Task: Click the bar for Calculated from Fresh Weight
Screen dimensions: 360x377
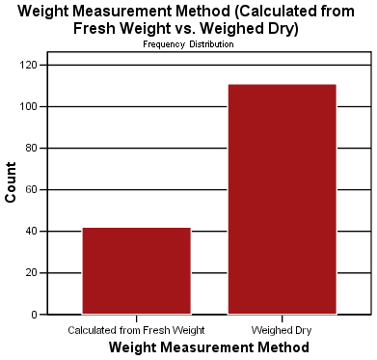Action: pos(136,271)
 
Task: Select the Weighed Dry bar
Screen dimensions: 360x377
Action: pos(282,199)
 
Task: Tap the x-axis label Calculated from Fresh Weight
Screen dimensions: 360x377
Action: pos(136,330)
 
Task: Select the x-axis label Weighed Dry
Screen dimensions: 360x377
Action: pos(282,330)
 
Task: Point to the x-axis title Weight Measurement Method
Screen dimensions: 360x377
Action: pos(208,346)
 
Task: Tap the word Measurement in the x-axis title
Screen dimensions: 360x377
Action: pos(210,346)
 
